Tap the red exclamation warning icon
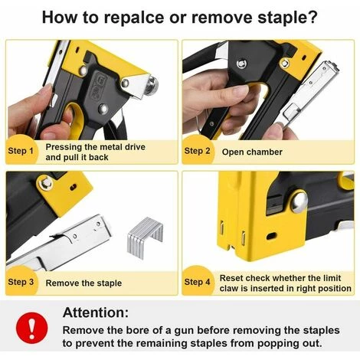pos(31,328)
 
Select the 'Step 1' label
pos(21,151)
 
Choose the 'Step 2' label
pos(197,151)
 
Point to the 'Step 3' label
pos(21,282)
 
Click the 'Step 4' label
pos(197,282)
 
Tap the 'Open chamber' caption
pos(252,152)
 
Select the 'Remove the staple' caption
pos(83,283)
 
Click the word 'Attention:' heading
pos(96,312)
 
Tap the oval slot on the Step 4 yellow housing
pos(271,236)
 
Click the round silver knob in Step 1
pos(152,83)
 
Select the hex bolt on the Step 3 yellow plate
pos(46,183)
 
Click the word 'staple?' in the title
pos(288,18)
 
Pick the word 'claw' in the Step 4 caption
pos(228,289)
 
